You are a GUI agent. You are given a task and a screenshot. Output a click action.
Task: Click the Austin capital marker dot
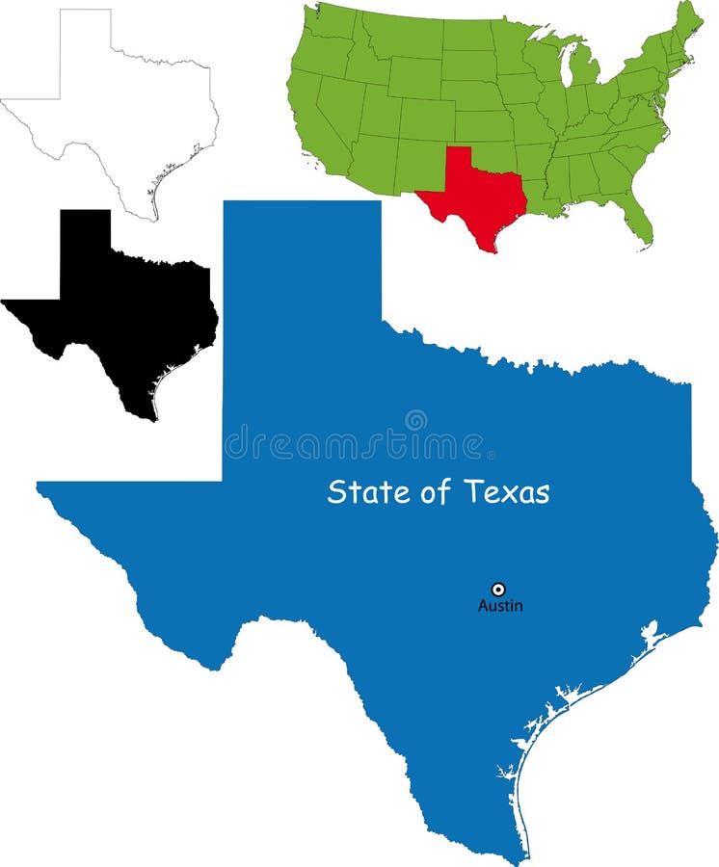498,589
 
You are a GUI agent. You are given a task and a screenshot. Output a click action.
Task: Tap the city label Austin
500,606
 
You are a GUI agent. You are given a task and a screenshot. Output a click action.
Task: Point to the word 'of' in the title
436,492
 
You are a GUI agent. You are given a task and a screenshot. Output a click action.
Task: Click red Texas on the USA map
477,197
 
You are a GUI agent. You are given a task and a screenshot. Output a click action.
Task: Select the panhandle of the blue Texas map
301,289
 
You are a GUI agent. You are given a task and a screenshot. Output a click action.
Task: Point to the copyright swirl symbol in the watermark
415,420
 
